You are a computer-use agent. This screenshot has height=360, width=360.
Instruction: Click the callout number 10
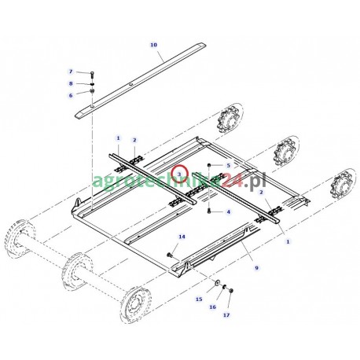152,44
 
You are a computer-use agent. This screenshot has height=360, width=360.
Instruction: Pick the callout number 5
228,165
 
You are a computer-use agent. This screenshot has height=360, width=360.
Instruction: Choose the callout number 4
228,211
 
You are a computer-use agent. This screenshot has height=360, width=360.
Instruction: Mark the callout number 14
181,237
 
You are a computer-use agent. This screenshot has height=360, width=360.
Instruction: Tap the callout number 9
256,268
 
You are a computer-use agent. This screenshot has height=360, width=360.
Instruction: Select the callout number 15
198,299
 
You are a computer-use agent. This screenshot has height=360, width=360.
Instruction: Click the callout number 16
212,307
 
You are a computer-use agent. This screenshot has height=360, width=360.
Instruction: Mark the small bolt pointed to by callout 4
208,210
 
